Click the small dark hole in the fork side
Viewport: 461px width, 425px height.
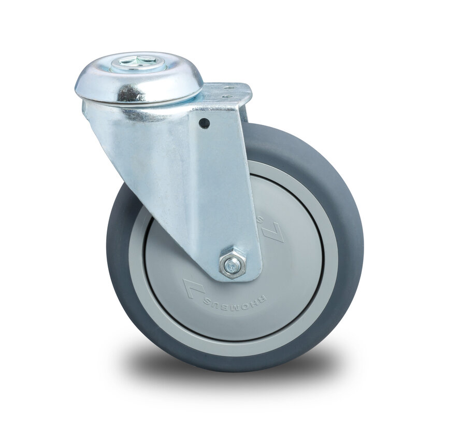pos(205,123)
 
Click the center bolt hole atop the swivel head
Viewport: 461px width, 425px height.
pos(138,63)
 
